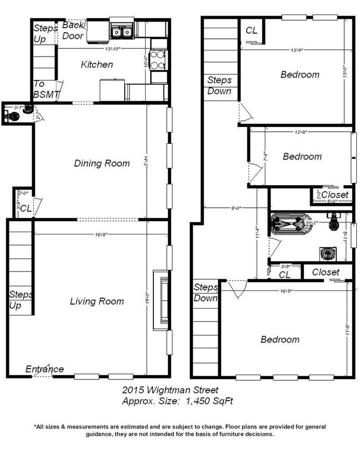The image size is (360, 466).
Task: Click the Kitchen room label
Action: point(97,65)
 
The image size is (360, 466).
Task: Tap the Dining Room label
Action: point(102,163)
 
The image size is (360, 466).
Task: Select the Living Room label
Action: point(97,301)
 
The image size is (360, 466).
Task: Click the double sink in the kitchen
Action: point(121,32)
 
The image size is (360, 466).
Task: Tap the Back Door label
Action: point(73,31)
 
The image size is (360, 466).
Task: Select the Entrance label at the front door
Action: point(44,369)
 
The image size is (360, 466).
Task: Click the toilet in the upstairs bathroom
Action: point(333,222)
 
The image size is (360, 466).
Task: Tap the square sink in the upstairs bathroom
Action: point(327,253)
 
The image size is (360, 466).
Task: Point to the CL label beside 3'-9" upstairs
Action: point(285,274)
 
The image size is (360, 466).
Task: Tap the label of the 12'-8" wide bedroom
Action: point(302,156)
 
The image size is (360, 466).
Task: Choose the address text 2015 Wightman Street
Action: point(170,390)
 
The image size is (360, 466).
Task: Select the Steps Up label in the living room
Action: point(20,299)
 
